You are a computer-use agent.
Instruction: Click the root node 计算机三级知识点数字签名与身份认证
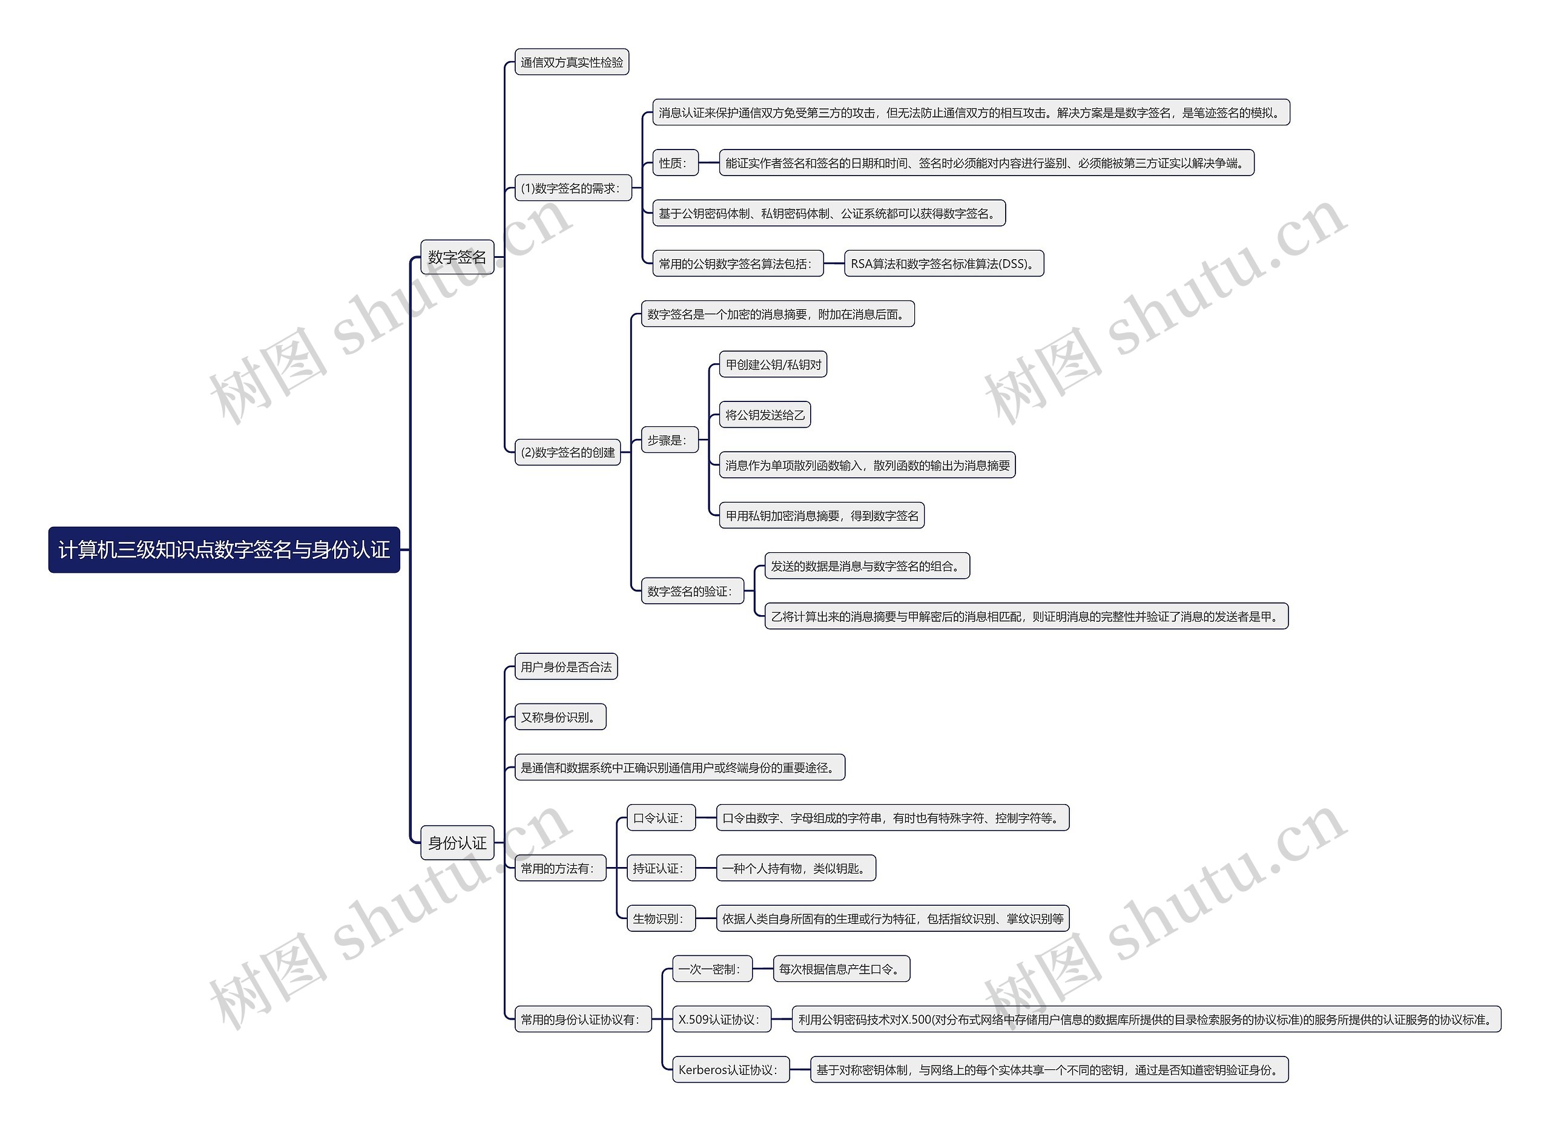coord(224,550)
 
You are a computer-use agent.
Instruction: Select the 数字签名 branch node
coord(457,257)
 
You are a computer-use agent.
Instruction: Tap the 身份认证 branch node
coord(457,843)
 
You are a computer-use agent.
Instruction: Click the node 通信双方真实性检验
coord(572,62)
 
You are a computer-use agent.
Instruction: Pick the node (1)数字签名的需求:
coord(572,188)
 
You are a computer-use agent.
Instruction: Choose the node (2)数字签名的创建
coord(567,452)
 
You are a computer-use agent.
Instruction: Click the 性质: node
coord(674,163)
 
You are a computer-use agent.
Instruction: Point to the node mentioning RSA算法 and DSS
coord(943,263)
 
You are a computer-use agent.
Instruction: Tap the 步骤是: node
coord(669,440)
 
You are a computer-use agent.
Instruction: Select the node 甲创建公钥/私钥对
coord(773,365)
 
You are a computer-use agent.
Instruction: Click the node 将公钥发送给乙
coord(765,415)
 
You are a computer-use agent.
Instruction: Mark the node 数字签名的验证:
coord(691,592)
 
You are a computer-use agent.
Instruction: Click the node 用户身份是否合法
coord(566,667)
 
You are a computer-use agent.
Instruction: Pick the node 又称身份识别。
coord(560,717)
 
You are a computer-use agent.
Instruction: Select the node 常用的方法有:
coord(560,869)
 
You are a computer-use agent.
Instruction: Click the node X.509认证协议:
coord(721,1020)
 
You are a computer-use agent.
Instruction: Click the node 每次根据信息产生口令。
coord(841,969)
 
